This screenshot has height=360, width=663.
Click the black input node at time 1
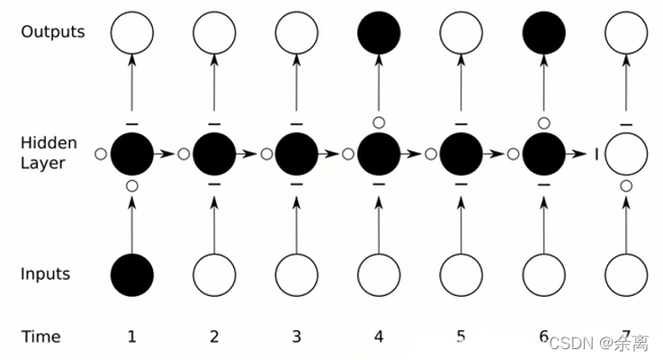tap(132, 274)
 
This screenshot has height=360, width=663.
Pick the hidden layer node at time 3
tap(297, 154)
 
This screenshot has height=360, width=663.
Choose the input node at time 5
tap(461, 274)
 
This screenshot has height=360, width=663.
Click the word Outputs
tap(53, 32)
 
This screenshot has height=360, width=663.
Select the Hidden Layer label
tap(49, 154)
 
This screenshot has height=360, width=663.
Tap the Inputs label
tap(46, 274)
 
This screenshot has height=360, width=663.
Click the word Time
tap(41, 337)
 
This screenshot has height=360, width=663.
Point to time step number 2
tap(214, 337)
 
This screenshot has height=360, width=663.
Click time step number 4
tap(379, 337)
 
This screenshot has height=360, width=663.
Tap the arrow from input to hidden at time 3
tap(297, 225)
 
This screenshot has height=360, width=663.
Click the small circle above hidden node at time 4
tap(379, 121)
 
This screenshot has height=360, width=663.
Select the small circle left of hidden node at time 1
tap(101, 154)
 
